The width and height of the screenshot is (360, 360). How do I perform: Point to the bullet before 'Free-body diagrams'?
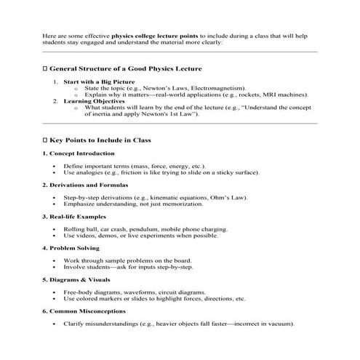point(55,292)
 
